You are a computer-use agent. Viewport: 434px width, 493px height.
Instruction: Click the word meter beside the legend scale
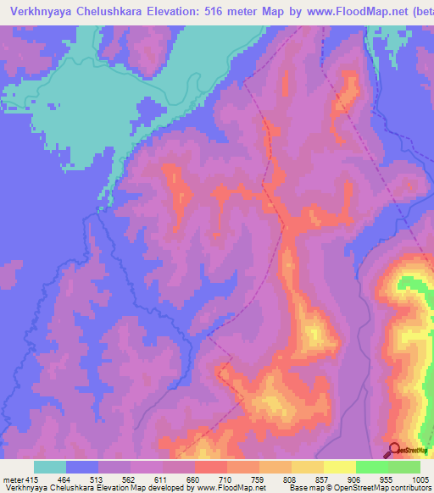[12, 480]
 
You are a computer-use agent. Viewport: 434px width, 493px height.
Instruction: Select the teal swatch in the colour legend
[50, 467]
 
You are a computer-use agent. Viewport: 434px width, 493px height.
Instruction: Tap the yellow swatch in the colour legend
[339, 467]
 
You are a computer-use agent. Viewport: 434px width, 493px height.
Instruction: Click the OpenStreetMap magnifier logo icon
[393, 450]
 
